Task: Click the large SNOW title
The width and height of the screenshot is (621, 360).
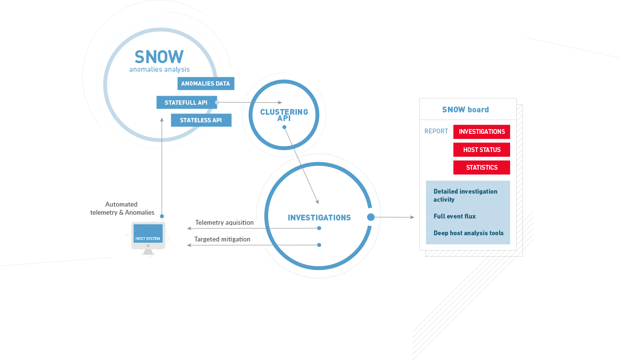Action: [159, 57]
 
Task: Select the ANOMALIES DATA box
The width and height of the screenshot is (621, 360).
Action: [206, 84]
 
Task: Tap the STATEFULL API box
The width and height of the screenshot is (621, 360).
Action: [186, 102]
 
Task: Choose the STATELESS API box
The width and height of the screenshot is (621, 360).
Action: [201, 120]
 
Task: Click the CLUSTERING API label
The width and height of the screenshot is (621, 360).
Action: [284, 115]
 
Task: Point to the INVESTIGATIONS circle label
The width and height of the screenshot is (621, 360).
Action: [319, 218]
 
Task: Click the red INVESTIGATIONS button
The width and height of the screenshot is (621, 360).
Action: [481, 132]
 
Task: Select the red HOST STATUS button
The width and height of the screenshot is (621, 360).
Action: [481, 150]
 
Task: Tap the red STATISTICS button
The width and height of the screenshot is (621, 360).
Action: [481, 167]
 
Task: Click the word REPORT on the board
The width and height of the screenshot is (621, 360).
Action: [436, 131]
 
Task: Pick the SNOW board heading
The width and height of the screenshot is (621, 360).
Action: [465, 109]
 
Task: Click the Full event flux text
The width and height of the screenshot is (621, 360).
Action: [455, 216]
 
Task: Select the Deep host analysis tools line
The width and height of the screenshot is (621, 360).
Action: [468, 233]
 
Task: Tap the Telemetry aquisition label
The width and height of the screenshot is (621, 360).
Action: [224, 223]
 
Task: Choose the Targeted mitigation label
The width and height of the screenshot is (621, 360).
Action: [222, 239]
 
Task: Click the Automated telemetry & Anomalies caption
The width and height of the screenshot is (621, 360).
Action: [122, 208]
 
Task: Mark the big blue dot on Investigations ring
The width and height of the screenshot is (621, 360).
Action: [370, 218]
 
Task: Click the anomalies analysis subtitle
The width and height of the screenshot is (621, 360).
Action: [159, 69]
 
